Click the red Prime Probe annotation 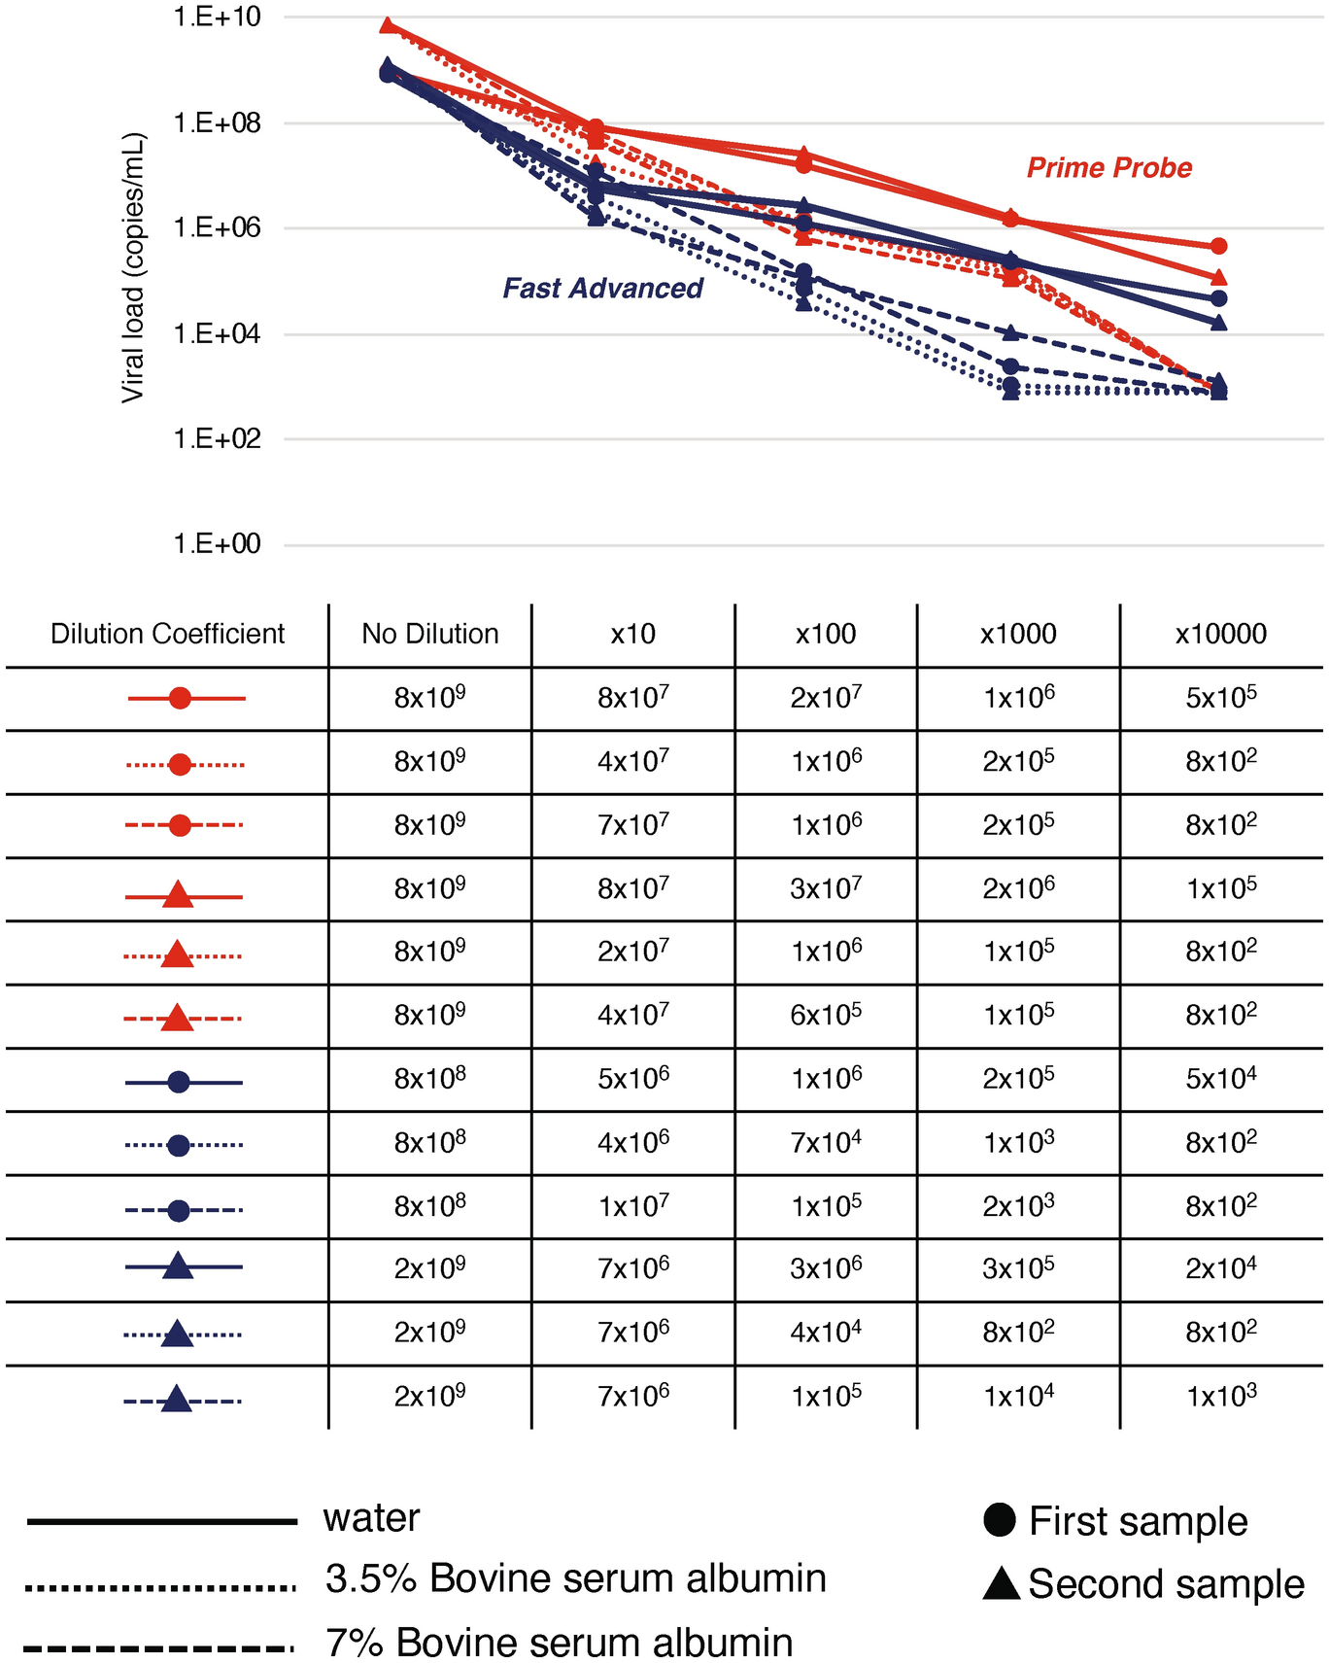click(1108, 168)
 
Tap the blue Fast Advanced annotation click(602, 289)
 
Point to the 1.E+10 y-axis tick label click(217, 17)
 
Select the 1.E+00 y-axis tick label click(217, 544)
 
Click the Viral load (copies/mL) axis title click(132, 268)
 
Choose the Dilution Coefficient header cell click(167, 635)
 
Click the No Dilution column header click(429, 635)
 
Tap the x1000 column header click(1017, 635)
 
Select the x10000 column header click(1220, 635)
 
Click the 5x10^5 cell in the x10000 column click(1220, 698)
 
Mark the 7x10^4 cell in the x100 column click(826, 1142)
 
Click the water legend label click(371, 1518)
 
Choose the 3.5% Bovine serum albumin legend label click(575, 1579)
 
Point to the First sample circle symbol click(1000, 1519)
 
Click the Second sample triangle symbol click(1001, 1583)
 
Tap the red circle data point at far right click(1219, 247)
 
